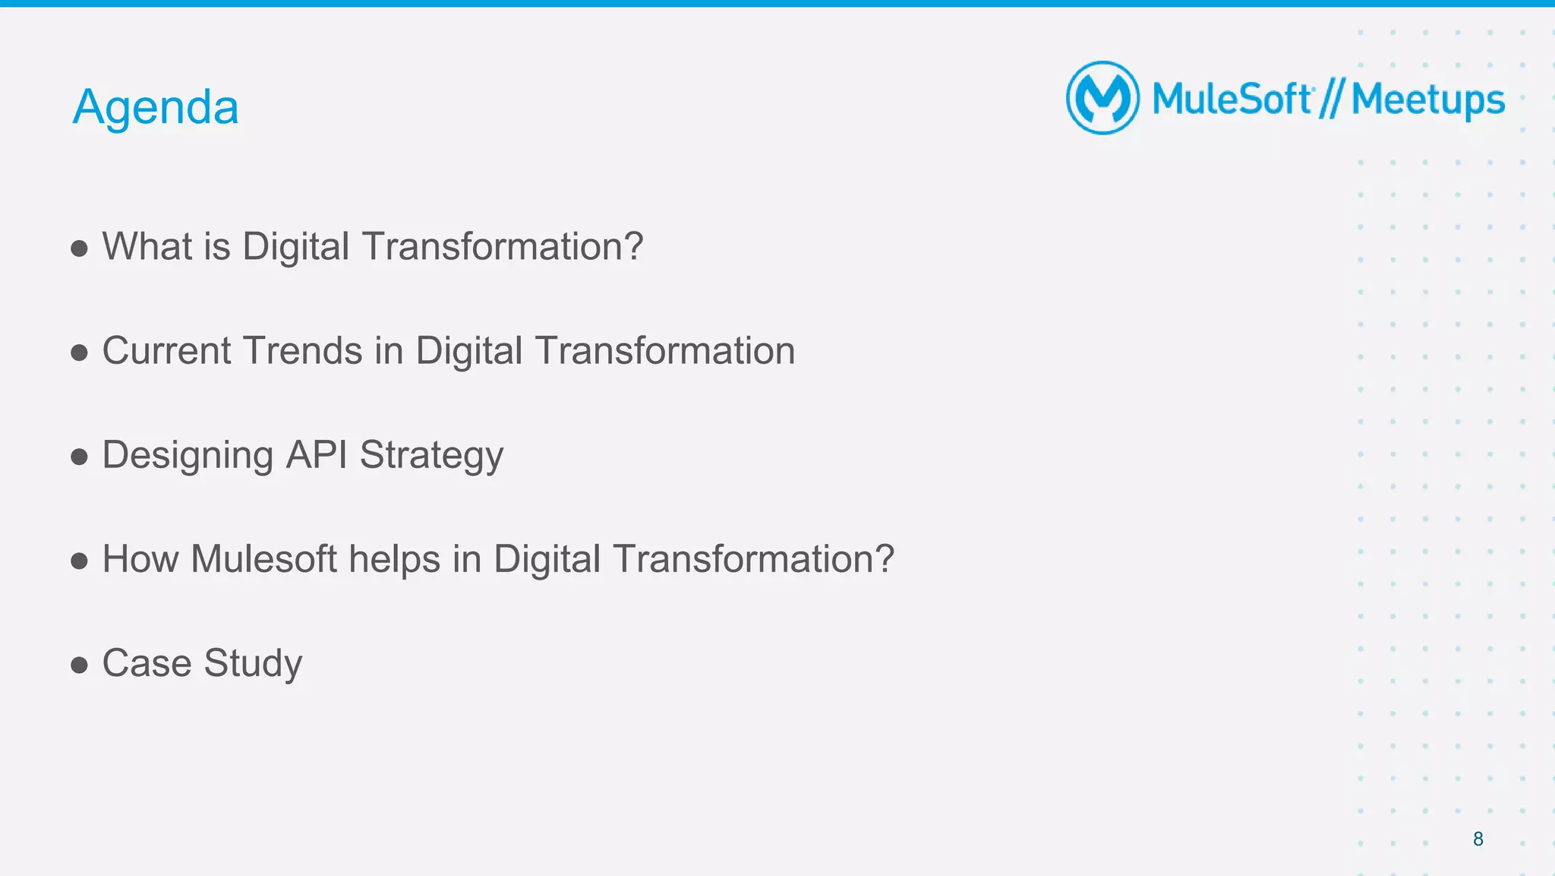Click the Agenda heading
click(156, 107)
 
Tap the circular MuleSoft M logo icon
click(1102, 98)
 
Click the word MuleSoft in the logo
click(1231, 100)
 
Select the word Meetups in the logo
click(1427, 101)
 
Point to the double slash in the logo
click(1331, 100)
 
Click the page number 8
click(1478, 839)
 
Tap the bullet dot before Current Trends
click(79, 353)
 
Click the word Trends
click(302, 351)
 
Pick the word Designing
click(188, 456)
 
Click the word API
click(316, 454)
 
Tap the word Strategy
click(431, 456)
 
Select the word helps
click(395, 559)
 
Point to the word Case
click(147, 663)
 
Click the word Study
click(253, 664)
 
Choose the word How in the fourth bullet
click(140, 559)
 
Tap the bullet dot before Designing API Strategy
click(79, 457)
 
